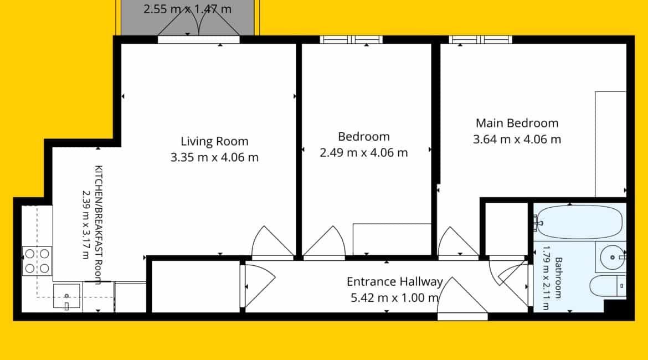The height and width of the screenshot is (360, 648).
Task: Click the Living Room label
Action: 214,141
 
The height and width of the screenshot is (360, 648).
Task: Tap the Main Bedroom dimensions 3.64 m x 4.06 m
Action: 517,139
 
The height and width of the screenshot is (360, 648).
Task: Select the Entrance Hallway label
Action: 395,282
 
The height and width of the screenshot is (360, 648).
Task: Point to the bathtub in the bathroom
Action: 579,222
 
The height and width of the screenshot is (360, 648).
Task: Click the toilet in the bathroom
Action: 608,286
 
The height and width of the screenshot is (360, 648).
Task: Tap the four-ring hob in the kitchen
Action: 37,261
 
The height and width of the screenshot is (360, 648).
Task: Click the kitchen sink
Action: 66,296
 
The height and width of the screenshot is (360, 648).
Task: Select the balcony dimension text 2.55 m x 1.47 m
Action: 187,9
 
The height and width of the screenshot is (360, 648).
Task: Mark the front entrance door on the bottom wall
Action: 462,297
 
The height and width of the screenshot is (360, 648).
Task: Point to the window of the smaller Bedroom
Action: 351,40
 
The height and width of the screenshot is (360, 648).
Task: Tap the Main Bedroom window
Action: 481,40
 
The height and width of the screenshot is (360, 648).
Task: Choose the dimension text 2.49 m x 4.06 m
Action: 364,153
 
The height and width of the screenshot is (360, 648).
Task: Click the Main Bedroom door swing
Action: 458,242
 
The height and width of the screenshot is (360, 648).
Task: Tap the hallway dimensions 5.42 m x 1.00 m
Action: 395,297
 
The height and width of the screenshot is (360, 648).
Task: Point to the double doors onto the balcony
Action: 199,25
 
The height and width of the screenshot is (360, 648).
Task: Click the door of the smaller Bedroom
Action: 325,242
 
